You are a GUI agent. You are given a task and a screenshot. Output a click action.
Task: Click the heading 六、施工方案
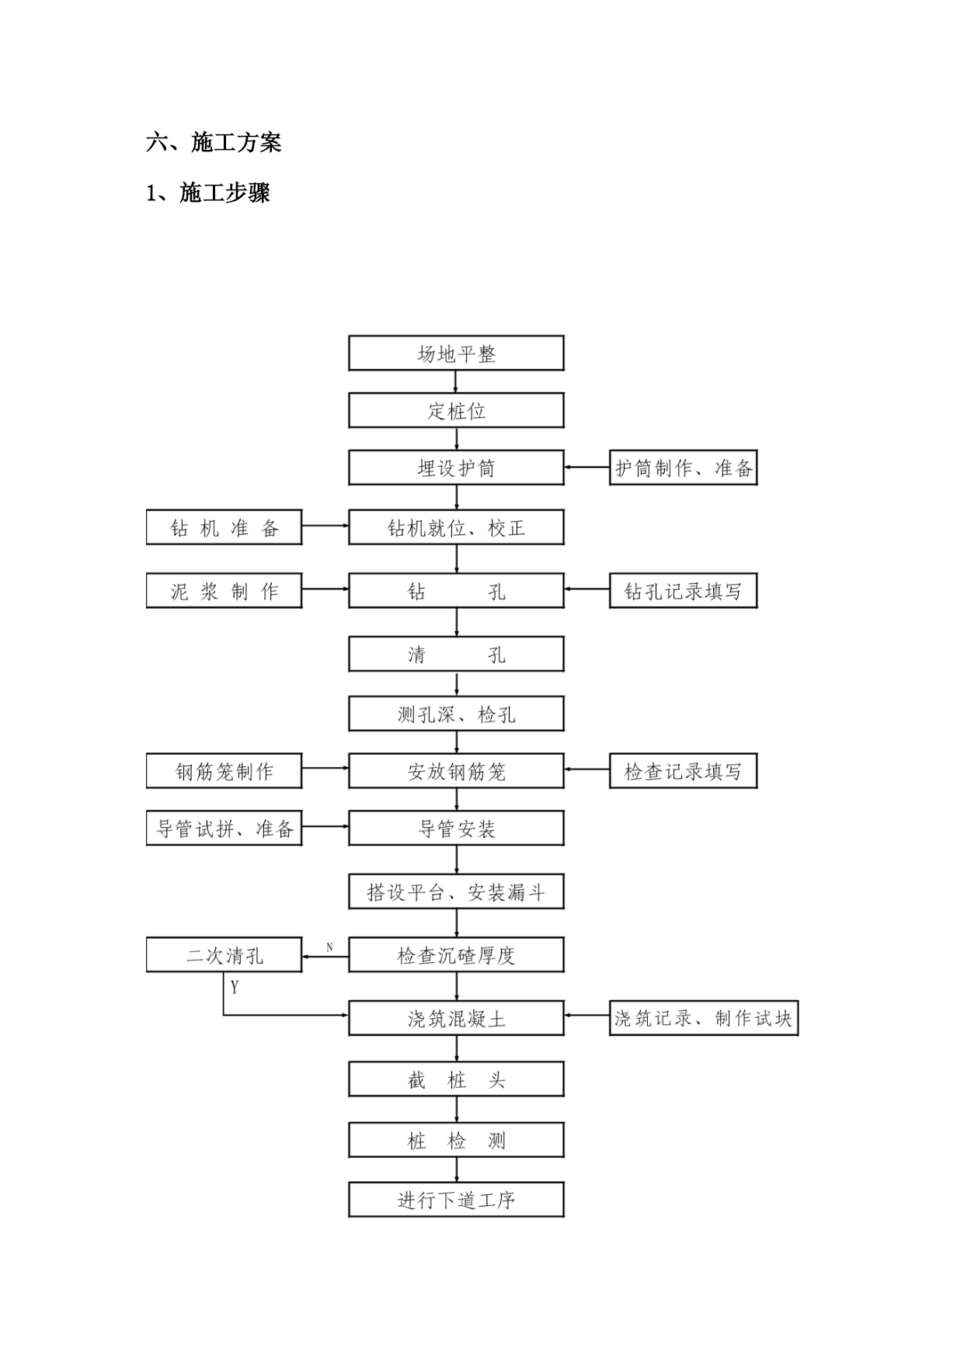[214, 142]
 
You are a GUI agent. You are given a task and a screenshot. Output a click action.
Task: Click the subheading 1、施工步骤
[208, 192]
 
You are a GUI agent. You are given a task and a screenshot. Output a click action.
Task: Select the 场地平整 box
[456, 353]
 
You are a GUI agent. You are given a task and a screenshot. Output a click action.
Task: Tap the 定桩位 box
[456, 410]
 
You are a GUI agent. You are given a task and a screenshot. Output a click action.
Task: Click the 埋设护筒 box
[456, 467]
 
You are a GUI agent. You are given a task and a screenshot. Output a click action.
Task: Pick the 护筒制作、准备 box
[684, 467]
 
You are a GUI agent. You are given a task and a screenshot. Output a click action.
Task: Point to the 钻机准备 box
[224, 527]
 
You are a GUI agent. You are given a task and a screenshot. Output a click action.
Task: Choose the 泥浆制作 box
[224, 591]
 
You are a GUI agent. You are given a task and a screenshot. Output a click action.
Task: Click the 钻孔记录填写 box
[684, 591]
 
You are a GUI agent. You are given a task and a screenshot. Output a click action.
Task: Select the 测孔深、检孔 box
[456, 714]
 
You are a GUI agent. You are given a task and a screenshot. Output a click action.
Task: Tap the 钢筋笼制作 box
[224, 771]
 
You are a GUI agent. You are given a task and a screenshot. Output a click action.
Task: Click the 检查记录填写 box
[684, 771]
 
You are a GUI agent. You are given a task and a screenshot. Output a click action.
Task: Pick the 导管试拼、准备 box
[224, 828]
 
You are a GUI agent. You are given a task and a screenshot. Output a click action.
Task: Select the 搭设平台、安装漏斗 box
[456, 891]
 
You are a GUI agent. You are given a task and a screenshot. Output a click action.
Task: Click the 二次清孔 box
[224, 954]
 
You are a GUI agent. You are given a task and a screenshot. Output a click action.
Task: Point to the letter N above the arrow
[329, 947]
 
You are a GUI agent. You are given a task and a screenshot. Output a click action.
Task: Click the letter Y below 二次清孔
[235, 987]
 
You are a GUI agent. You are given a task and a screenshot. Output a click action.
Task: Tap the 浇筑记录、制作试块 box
[704, 1018]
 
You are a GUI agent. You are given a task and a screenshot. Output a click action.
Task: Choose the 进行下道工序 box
[456, 1200]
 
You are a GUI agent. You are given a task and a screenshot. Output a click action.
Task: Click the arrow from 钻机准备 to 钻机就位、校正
[325, 526]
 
